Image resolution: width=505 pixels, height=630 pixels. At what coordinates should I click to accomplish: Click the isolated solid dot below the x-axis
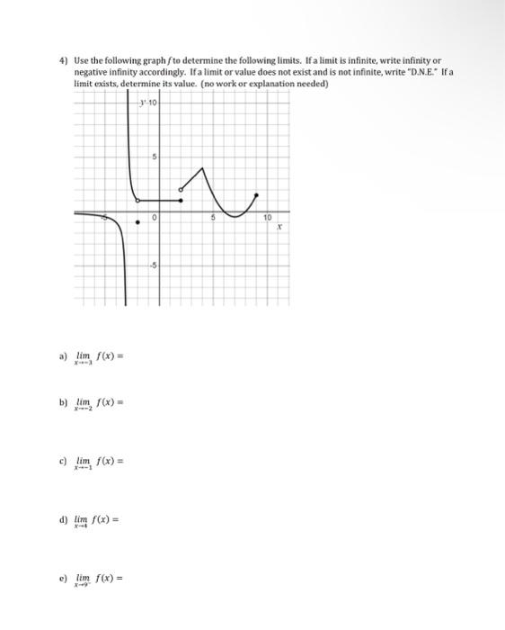(x=137, y=223)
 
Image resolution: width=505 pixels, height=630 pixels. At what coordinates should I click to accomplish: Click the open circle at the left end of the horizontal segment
(x=137, y=200)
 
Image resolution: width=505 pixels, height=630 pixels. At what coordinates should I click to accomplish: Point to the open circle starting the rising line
(x=181, y=189)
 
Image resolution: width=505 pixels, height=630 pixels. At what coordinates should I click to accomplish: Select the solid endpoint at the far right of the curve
(x=258, y=193)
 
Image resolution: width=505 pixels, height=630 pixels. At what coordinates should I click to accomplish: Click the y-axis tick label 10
(x=153, y=103)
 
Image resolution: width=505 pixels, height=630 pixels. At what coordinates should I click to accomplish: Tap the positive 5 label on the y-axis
(x=154, y=158)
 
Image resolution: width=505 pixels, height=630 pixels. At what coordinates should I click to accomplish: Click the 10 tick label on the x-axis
(x=267, y=218)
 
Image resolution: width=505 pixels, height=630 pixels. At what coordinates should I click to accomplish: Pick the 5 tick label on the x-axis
(x=214, y=218)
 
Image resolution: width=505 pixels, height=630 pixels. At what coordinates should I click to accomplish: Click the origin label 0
(x=155, y=219)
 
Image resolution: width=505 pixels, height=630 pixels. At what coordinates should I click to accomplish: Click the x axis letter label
(x=279, y=229)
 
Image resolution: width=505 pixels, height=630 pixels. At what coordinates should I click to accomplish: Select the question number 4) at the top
(x=63, y=59)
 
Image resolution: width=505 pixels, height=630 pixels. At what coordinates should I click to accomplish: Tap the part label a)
(x=63, y=355)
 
